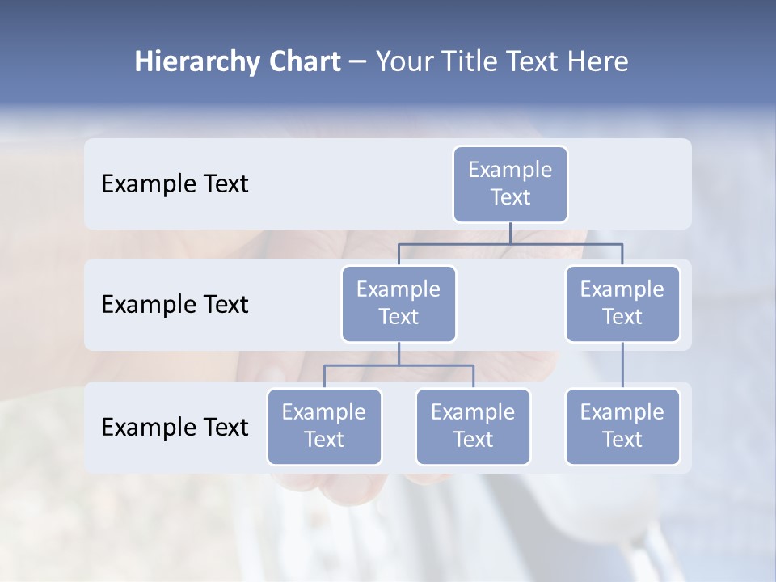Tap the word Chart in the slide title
(x=301, y=62)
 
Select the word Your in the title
(x=404, y=62)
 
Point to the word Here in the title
(x=599, y=62)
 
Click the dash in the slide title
(x=357, y=62)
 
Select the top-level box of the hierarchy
(x=510, y=184)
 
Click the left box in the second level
(x=399, y=304)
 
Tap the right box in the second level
(x=622, y=304)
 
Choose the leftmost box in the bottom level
(x=324, y=427)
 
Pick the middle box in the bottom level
(x=473, y=427)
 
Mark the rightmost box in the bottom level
(x=622, y=427)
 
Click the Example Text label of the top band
(x=175, y=184)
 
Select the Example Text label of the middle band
(x=175, y=305)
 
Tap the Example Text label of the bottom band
(x=175, y=428)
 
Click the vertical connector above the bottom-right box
(x=622, y=365)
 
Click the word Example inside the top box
(x=510, y=170)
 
